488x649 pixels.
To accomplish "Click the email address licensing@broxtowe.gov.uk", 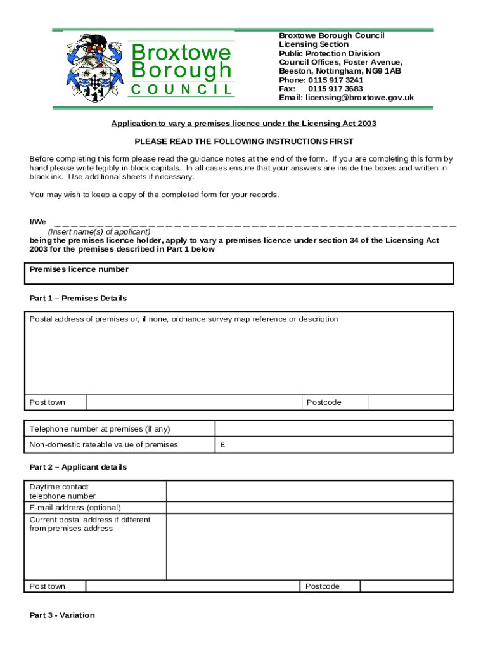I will [359, 98].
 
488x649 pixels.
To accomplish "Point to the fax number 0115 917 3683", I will [335, 89].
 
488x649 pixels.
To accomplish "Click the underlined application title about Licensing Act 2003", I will [243, 124].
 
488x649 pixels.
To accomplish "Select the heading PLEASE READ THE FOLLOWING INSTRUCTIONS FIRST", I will [243, 141].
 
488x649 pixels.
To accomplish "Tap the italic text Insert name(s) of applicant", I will [99, 232].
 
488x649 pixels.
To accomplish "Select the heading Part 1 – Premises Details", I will [78, 298].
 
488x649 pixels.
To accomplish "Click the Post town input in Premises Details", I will [193, 402].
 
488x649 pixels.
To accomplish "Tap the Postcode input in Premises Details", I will [411, 402].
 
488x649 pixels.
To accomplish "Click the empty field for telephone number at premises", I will [333, 429].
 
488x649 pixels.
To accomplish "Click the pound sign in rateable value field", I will [223, 444].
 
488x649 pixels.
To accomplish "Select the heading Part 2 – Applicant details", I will [78, 467].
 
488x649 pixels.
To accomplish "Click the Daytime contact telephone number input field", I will [309, 491].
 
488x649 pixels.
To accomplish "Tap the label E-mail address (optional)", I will [75, 508].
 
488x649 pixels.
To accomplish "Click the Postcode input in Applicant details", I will [406, 586].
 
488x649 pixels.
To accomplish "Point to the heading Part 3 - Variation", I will [62, 615].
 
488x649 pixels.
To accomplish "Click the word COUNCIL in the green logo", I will [182, 89].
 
